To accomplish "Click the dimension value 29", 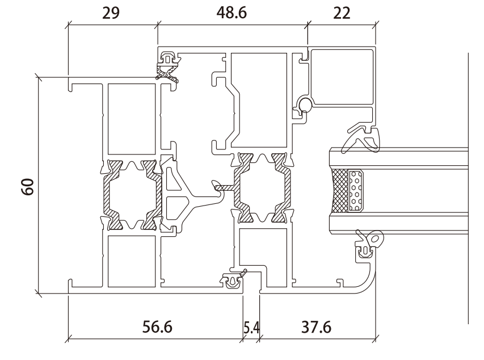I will tap(111, 13).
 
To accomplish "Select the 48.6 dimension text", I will tap(232, 13).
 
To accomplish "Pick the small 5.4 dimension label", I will tap(251, 328).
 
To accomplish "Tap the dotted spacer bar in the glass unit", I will tap(356, 190).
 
